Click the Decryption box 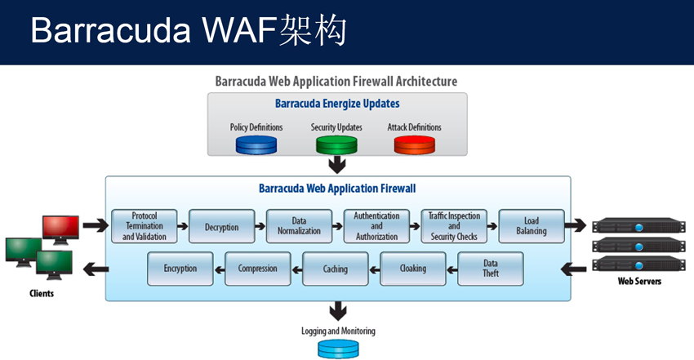[222, 226]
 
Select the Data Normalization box [299, 226]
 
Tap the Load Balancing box [532, 226]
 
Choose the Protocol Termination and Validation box [145, 226]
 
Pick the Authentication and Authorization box [376, 226]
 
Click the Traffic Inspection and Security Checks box [454, 226]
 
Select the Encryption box [180, 269]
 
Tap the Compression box [257, 269]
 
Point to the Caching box [336, 269]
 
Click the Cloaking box [413, 269]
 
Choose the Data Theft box [491, 269]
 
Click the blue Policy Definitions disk [256, 145]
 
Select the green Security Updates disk [336, 145]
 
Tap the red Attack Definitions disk [415, 145]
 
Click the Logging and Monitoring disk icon [338, 349]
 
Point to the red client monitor [60, 230]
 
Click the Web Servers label [639, 282]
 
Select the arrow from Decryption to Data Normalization [260, 226]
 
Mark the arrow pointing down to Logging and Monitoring [338, 311]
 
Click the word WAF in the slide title [240, 30]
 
